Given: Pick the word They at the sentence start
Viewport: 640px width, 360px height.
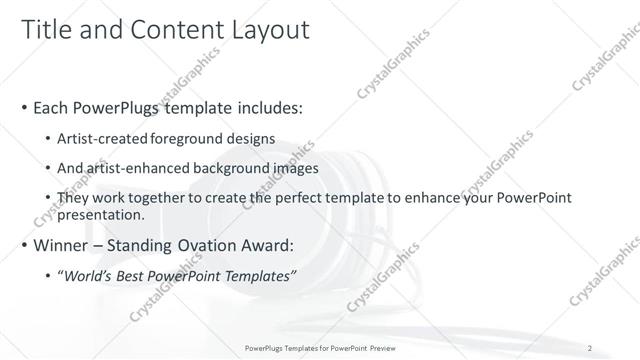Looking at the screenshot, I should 73,198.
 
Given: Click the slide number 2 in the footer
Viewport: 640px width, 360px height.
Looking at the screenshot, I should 592,348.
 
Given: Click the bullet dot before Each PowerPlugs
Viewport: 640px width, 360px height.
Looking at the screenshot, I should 24,108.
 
